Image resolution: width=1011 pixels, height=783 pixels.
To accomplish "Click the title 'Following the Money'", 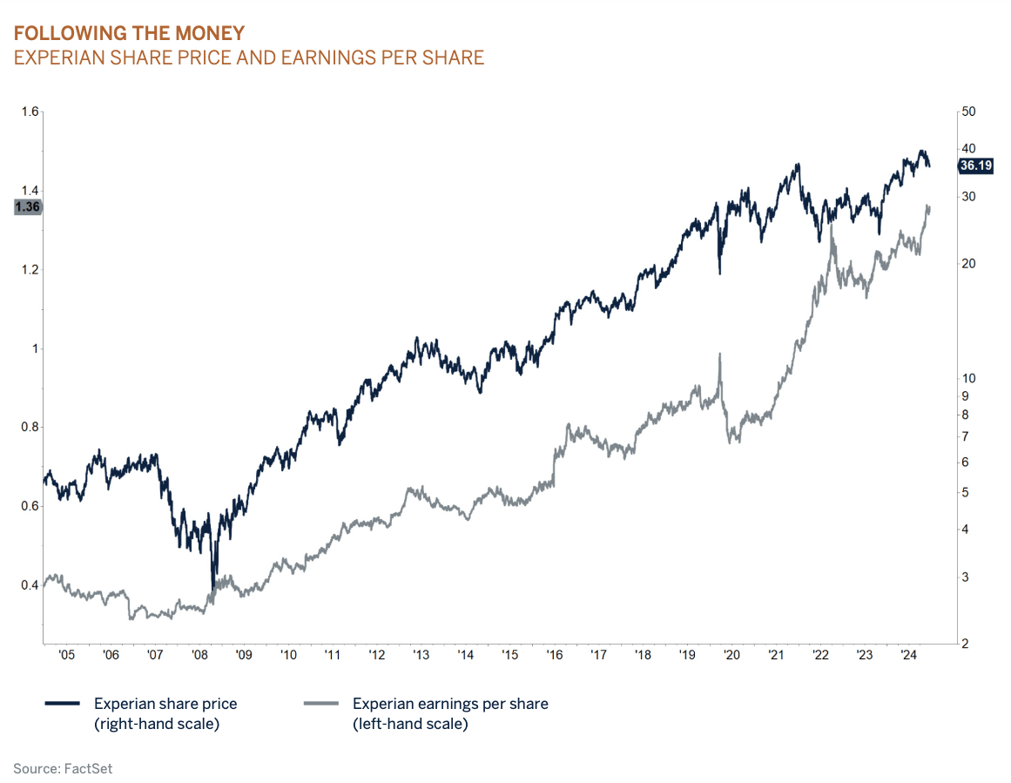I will pyautogui.click(x=129, y=34).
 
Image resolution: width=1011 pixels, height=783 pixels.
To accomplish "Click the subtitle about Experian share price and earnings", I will pyautogui.click(x=248, y=58).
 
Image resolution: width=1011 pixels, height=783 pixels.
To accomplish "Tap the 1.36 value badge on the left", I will pyautogui.click(x=28, y=207).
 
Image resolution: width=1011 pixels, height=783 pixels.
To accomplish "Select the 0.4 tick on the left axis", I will pyautogui.click(x=30, y=585).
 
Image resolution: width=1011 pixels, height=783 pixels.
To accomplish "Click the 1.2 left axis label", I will pyautogui.click(x=30, y=270).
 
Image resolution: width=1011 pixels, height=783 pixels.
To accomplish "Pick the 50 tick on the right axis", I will pyautogui.click(x=967, y=111).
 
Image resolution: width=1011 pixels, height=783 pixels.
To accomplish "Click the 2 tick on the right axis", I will pyautogui.click(x=963, y=645).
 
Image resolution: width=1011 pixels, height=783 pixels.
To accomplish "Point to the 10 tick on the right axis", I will pyautogui.click(x=967, y=378).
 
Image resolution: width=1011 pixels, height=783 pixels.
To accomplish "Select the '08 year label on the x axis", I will pyautogui.click(x=199, y=655).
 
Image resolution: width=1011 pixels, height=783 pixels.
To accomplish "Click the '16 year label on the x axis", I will pyautogui.click(x=553, y=655).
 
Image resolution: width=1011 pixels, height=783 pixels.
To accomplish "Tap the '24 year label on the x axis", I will pyautogui.click(x=907, y=655).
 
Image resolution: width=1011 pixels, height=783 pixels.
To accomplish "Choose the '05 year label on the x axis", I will pyautogui.click(x=66, y=655).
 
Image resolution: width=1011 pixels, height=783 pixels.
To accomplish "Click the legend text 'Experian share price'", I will pyautogui.click(x=165, y=704).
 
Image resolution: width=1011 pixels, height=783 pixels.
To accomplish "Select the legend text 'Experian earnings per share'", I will pyautogui.click(x=450, y=704).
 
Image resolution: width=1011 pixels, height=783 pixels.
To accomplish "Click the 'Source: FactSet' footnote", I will pyautogui.click(x=63, y=768).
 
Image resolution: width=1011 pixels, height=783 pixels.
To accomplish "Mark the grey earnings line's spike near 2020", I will pyautogui.click(x=720, y=355).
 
